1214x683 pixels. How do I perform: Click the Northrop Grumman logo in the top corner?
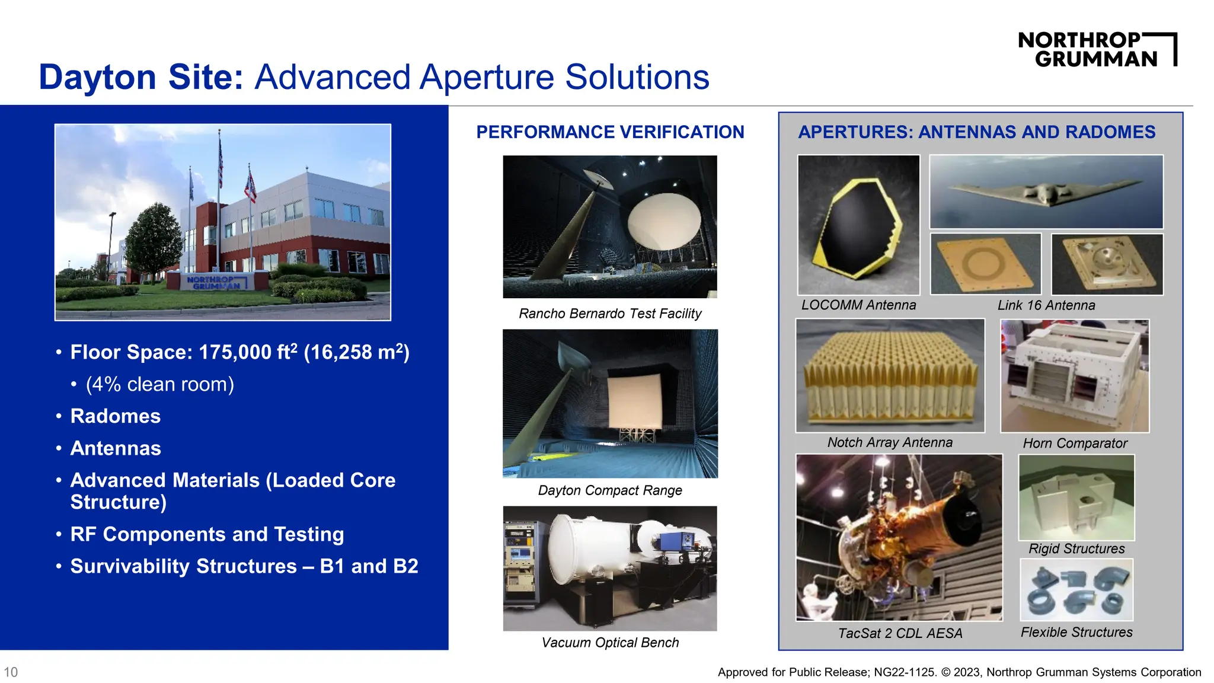pyautogui.click(x=1097, y=50)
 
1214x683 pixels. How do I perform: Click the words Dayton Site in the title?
pyautogui.click(x=141, y=77)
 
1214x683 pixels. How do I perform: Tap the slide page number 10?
pyautogui.click(x=11, y=672)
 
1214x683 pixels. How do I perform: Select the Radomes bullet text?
pyautogui.click(x=116, y=416)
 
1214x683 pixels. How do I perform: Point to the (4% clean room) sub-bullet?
pyautogui.click(x=159, y=384)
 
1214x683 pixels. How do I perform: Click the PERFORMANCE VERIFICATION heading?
pyautogui.click(x=610, y=132)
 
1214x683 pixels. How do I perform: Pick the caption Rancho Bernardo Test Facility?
pyautogui.click(x=610, y=314)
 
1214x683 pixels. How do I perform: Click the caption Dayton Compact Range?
pyautogui.click(x=610, y=490)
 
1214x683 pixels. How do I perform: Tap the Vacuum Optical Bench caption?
pyautogui.click(x=610, y=643)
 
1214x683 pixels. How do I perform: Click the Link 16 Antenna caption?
pyautogui.click(x=1046, y=305)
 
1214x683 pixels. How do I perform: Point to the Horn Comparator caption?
pyautogui.click(x=1075, y=443)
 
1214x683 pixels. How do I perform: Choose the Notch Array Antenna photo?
pyautogui.click(x=890, y=376)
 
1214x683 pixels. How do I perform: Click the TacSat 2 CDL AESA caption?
pyautogui.click(x=900, y=633)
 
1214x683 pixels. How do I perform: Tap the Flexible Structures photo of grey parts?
pyautogui.click(x=1076, y=591)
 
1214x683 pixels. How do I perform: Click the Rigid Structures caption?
pyautogui.click(x=1076, y=549)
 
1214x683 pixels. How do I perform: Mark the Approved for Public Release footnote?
pyautogui.click(x=959, y=672)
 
